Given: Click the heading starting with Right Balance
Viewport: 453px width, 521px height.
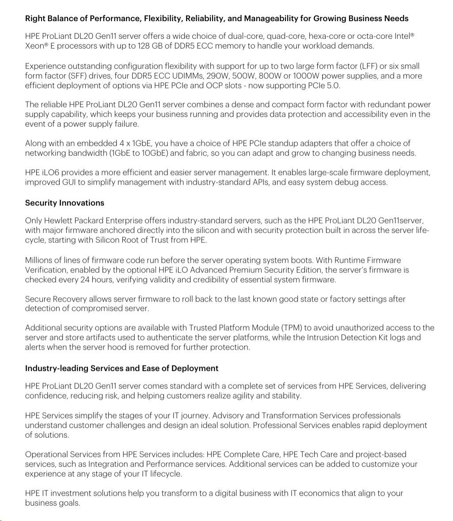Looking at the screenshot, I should coord(217,19).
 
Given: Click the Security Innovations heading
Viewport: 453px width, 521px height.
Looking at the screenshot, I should coord(65,203).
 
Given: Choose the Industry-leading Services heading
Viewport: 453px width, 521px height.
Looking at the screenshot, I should coord(122,368).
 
